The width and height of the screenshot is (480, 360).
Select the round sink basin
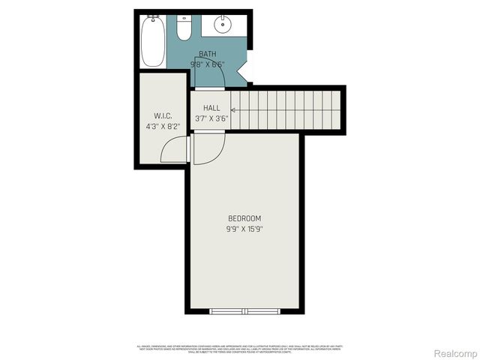coord(223,25)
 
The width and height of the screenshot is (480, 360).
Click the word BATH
coord(207,54)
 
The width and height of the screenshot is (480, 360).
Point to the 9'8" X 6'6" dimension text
coord(207,64)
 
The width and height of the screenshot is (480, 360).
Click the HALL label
coord(211,108)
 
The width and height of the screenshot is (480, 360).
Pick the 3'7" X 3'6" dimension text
coord(211,118)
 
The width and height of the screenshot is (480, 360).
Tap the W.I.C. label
coord(163,115)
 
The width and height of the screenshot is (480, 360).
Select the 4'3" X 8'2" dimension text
coord(163,126)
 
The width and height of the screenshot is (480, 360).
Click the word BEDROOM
coord(244,218)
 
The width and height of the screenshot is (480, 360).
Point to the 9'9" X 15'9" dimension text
coord(244,229)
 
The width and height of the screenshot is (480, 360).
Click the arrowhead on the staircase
coord(233,109)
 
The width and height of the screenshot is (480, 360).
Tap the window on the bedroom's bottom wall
coord(244,310)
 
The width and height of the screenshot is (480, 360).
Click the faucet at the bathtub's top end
coord(151,17)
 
